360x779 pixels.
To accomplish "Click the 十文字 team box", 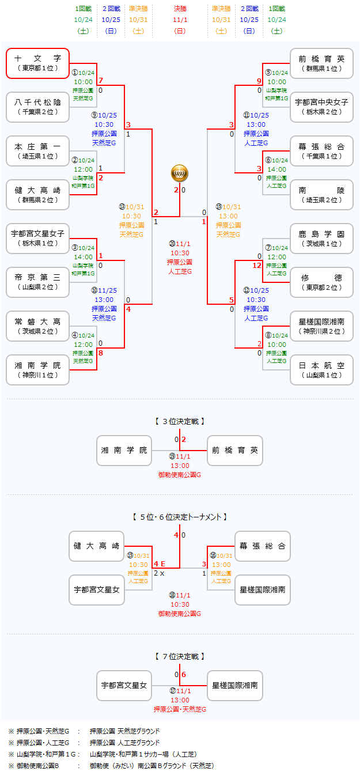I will pos(38,63).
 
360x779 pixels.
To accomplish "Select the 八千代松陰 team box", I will pos(38,107).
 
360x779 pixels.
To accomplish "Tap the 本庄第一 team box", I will pos(38,151).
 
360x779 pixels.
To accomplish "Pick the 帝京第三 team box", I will pos(38,282).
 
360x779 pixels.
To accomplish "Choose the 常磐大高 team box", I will pos(38,326).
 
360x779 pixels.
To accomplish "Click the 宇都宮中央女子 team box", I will pos(321,107).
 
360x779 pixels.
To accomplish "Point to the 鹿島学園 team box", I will pos(321,238).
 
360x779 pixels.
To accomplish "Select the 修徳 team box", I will pos(321,282).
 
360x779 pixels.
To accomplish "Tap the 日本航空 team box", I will pos(321,369).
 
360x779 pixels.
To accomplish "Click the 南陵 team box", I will pos(321,194).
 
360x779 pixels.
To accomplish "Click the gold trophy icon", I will pos(179,172).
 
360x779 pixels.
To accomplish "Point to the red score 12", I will pos(257,265).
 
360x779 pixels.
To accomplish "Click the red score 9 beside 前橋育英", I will pos(259,81).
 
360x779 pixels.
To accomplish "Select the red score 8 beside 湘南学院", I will pos(101,353).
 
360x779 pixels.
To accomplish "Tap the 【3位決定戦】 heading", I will pos(180,422).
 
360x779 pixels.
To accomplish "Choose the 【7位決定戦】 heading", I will pos(180,656).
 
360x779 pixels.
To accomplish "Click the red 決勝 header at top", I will pos(180,9).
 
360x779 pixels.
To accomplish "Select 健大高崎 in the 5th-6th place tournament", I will pos(97,546).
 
